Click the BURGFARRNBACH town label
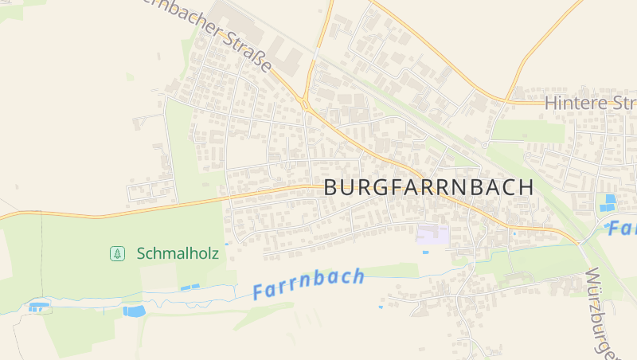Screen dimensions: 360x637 pyautogui.click(x=428, y=188)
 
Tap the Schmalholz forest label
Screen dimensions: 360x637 pyautogui.click(x=177, y=253)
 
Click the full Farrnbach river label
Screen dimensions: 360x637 pyautogui.click(x=309, y=284)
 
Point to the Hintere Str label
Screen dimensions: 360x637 pyautogui.click(x=590, y=103)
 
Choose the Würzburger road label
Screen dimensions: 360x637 pyautogui.click(x=604, y=314)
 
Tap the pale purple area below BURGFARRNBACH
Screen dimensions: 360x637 pyautogui.click(x=432, y=234)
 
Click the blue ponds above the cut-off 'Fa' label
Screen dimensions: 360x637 pyautogui.click(x=609, y=202)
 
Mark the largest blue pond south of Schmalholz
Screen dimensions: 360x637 pyautogui.click(x=134, y=311)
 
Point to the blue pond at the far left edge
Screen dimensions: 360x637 pyautogui.click(x=37, y=306)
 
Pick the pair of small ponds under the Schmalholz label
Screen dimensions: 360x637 pyautogui.click(x=190, y=287)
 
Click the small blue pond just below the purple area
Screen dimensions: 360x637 pyautogui.click(x=425, y=252)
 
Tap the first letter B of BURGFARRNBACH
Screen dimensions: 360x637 pyautogui.click(x=332, y=189)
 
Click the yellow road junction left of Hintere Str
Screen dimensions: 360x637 pyautogui.click(x=506, y=101)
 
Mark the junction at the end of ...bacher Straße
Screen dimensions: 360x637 pyautogui.click(x=305, y=102)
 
